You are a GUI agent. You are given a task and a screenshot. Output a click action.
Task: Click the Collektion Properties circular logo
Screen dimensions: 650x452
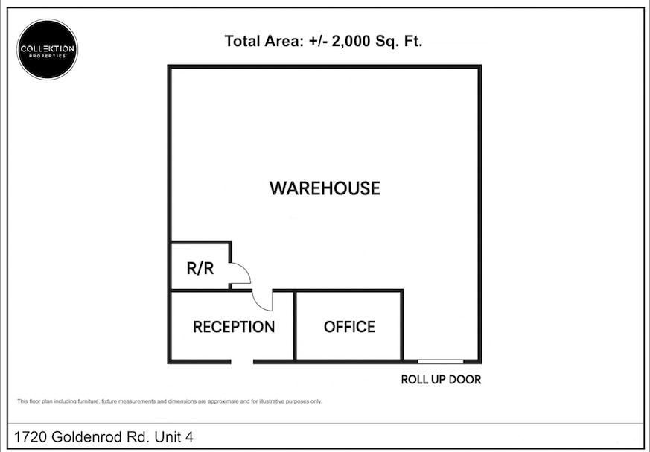tap(48, 49)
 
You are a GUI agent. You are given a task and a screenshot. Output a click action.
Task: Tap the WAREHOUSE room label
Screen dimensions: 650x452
tap(325, 188)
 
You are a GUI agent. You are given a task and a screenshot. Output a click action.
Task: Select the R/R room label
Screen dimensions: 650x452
tap(200, 268)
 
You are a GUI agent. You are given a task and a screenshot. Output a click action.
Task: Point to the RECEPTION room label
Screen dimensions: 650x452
tap(234, 327)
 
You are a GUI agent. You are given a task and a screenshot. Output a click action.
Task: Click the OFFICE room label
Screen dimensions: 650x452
tap(349, 327)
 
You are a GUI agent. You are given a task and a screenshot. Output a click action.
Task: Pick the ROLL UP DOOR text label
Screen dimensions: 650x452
tap(441, 380)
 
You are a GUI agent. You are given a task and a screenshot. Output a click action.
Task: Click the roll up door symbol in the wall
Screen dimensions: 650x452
tap(440, 361)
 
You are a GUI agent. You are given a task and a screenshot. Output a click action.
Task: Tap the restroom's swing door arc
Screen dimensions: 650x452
tap(240, 274)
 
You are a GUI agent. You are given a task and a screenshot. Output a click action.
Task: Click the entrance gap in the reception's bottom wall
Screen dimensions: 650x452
tap(242, 362)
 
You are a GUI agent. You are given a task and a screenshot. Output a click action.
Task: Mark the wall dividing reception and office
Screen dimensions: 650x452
tap(295, 326)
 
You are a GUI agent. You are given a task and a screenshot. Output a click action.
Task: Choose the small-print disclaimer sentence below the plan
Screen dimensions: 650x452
tap(169, 401)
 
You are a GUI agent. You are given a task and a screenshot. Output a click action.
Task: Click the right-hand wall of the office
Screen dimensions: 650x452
tap(402, 325)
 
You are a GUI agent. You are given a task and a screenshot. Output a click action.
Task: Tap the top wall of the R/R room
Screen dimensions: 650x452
tap(201, 242)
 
